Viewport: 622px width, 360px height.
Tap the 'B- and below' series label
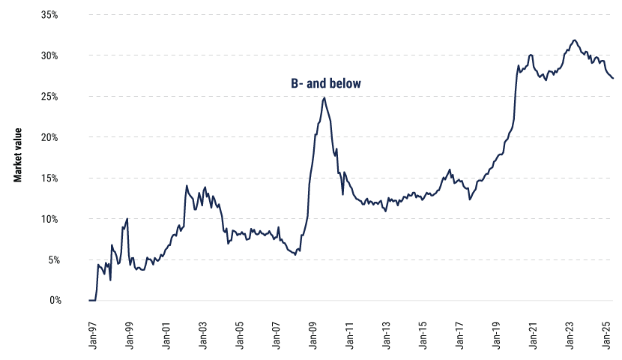point(326,84)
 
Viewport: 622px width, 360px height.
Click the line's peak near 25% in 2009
point(324,97)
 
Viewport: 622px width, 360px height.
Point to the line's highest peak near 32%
point(574,40)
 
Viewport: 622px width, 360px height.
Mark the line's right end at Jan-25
point(613,78)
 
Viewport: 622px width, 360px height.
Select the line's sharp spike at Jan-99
point(127,219)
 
